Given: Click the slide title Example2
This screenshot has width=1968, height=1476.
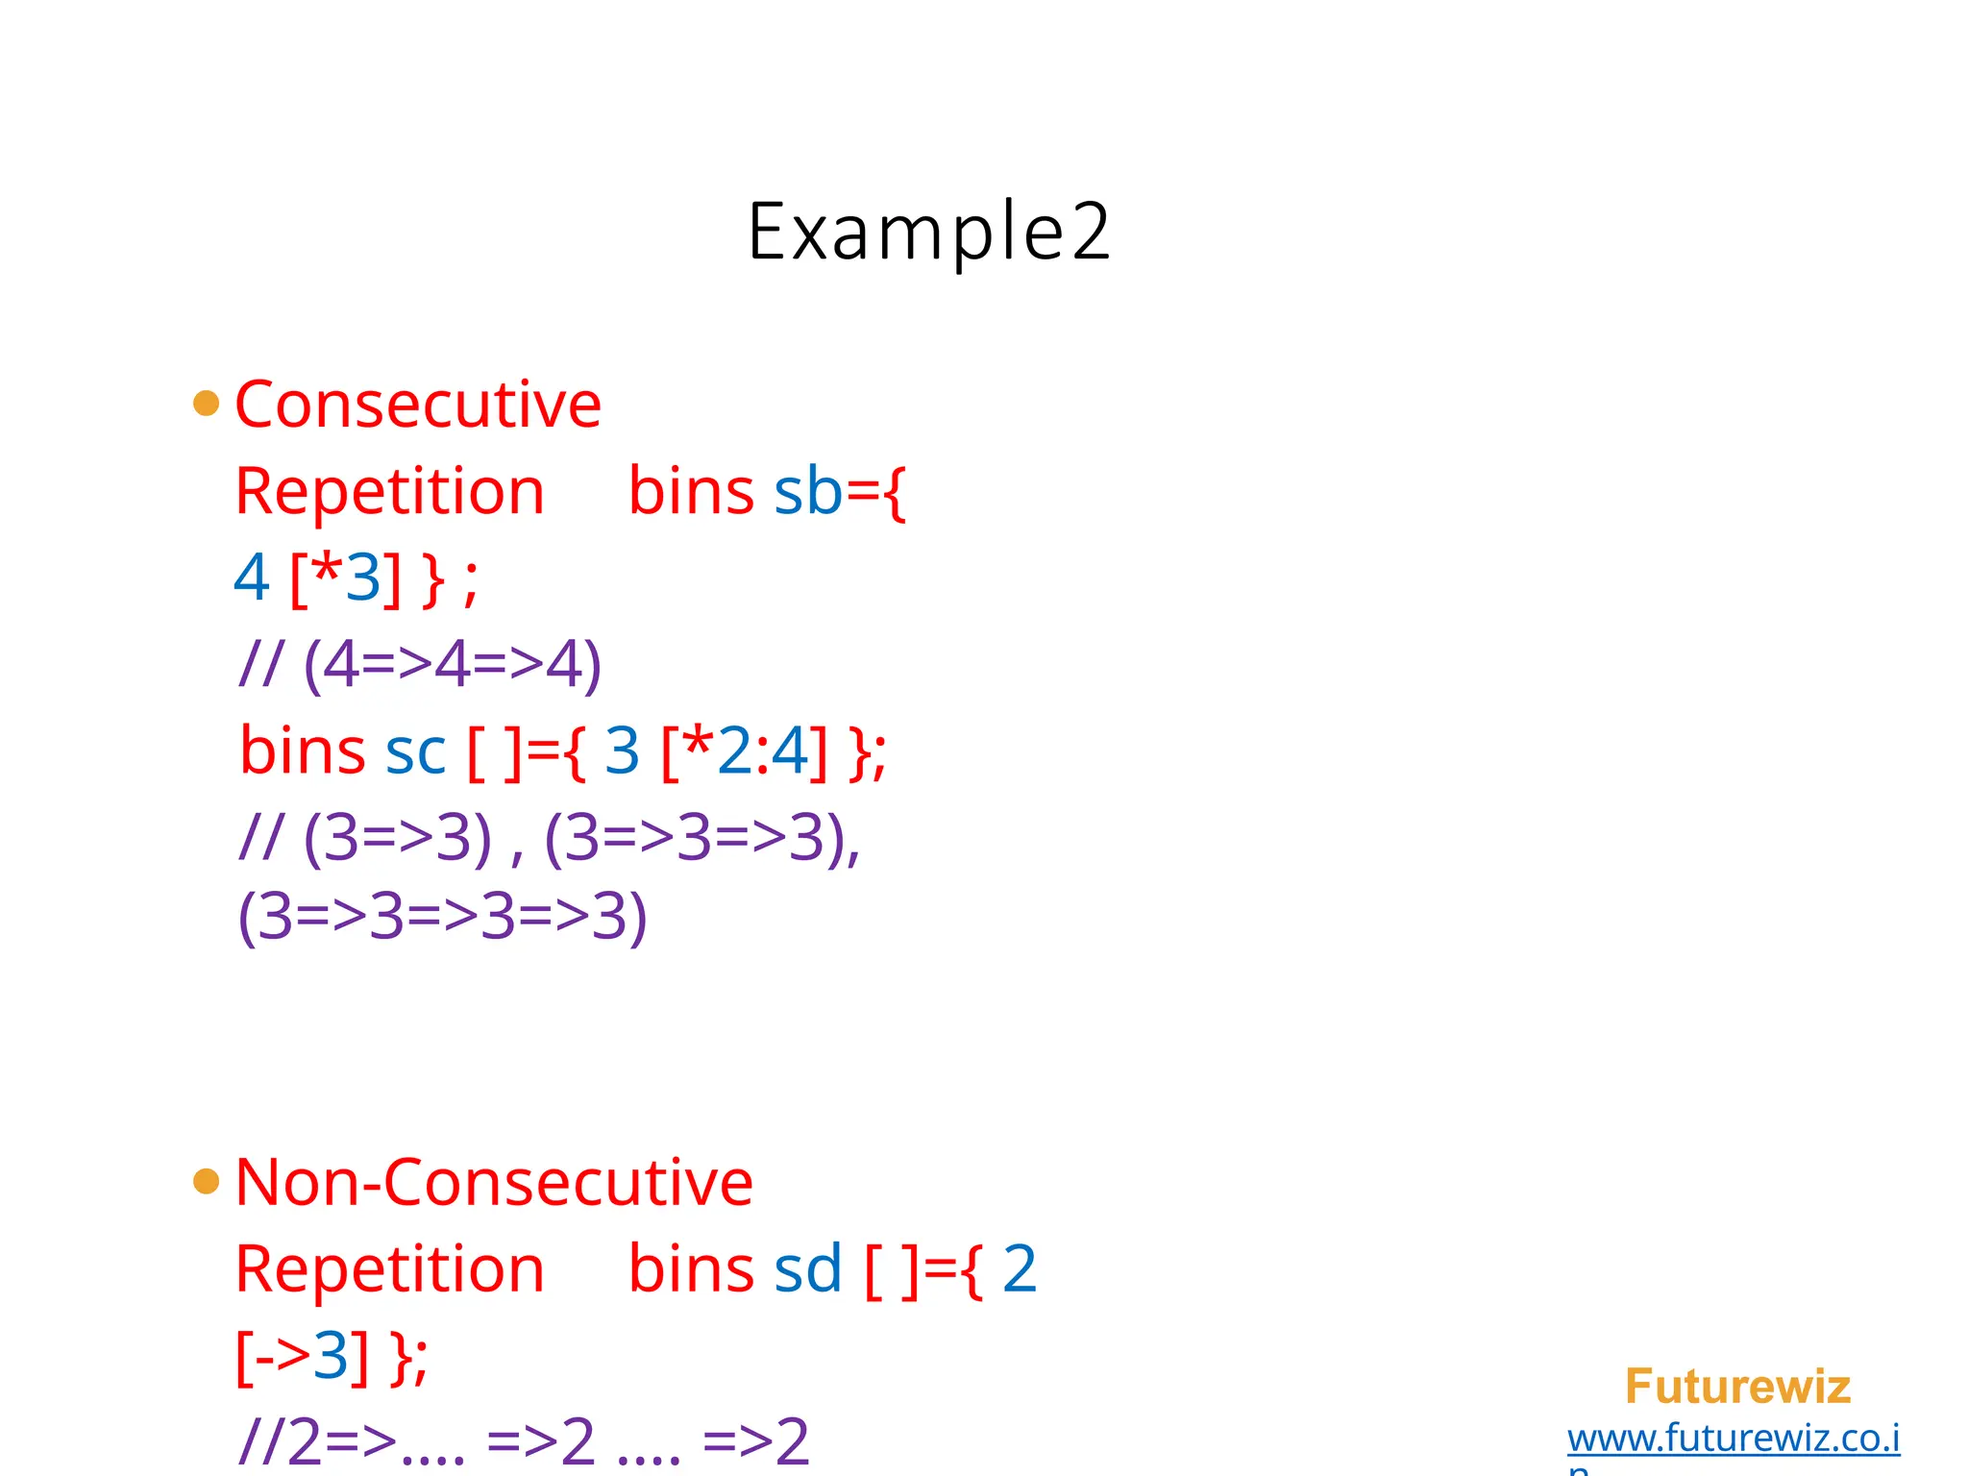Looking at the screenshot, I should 928,233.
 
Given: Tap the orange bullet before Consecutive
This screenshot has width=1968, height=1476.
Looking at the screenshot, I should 206,403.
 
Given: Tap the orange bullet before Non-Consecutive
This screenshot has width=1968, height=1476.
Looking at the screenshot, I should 206,1180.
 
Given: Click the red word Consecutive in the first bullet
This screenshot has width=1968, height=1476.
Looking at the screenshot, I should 418,405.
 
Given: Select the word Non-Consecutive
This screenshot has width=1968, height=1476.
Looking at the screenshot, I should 494,1182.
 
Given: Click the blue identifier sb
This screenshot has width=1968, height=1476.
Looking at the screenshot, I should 808,492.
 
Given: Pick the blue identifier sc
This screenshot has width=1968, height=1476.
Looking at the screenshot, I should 415,751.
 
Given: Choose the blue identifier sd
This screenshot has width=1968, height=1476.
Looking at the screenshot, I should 808,1269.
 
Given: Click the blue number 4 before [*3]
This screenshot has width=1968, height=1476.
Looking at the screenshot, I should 252,578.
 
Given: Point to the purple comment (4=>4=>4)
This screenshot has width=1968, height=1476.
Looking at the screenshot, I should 452,665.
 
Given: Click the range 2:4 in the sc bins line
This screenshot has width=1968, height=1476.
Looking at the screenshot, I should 763,751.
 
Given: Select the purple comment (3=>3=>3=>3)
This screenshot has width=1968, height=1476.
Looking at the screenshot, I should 442,917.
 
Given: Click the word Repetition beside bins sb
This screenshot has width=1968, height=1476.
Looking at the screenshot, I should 389,492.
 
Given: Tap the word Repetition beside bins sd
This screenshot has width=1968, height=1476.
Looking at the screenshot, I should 389,1269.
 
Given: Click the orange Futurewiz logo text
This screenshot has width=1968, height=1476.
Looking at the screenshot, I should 1737,1387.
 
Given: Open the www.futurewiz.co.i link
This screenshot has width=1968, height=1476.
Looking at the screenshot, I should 1734,1439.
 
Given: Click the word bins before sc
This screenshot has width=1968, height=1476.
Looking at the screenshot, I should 303,751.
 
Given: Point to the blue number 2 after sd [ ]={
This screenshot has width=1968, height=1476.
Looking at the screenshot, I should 1020,1269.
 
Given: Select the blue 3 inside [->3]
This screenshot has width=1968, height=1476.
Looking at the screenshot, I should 331,1357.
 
